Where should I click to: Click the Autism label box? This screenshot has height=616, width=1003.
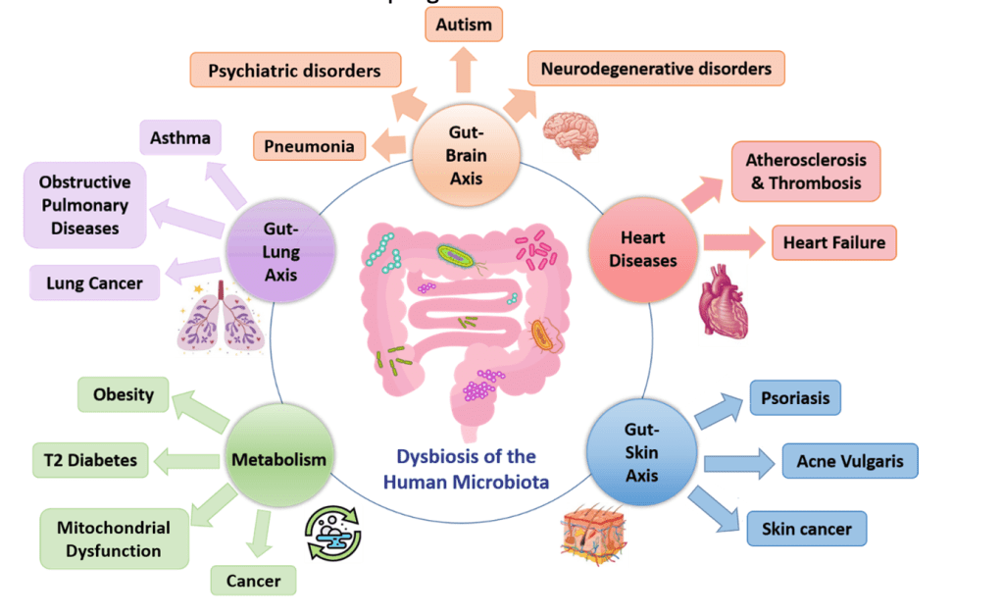pyautogui.click(x=464, y=25)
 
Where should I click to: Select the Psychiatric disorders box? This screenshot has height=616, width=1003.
pyautogui.click(x=295, y=71)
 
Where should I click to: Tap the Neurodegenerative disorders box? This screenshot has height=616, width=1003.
pyautogui.click(x=656, y=69)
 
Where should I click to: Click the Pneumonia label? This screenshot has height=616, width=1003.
pyautogui.click(x=309, y=147)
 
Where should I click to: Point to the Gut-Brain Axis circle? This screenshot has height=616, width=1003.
pyautogui.click(x=467, y=158)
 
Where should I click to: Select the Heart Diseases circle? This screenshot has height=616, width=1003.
pyautogui.click(x=642, y=249)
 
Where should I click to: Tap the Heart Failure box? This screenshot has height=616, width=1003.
pyautogui.click(x=833, y=242)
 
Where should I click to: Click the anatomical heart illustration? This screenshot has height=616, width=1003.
pyautogui.click(x=727, y=301)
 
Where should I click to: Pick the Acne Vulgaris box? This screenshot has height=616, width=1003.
pyautogui.click(x=850, y=461)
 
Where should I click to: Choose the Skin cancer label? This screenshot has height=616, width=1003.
pyautogui.click(x=807, y=530)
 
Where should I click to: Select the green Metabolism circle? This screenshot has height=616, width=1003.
pyautogui.click(x=278, y=458)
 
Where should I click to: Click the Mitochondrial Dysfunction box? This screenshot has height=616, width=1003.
pyautogui.click(x=114, y=539)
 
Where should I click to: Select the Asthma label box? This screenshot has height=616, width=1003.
pyautogui.click(x=180, y=137)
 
